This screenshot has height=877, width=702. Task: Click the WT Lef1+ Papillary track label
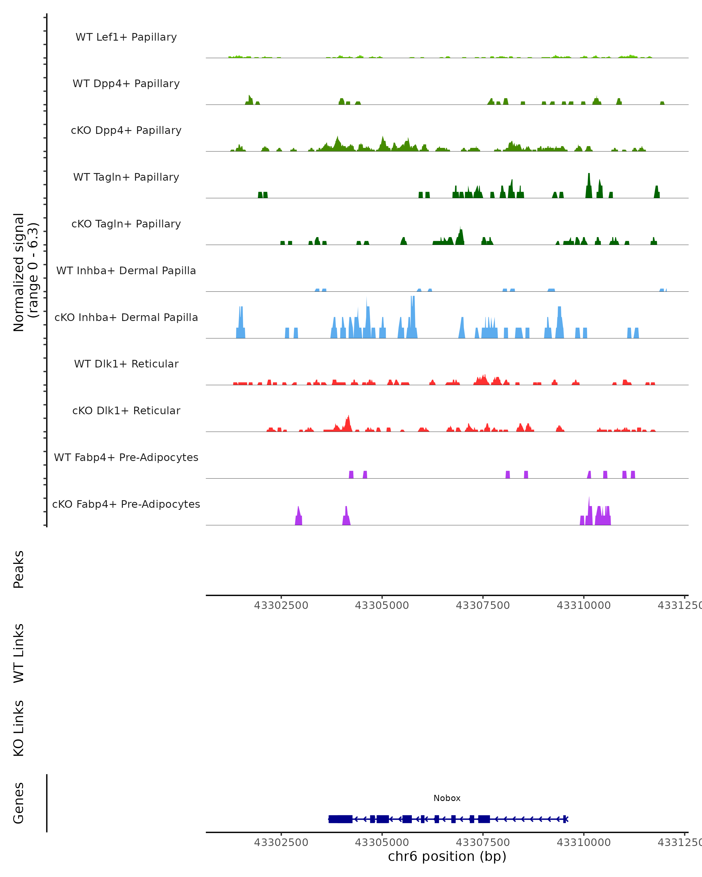pyautogui.click(x=126, y=37)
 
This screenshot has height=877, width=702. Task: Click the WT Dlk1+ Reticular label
pyautogui.click(x=126, y=364)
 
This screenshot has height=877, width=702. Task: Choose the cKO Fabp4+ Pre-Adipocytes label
pyautogui.click(x=126, y=504)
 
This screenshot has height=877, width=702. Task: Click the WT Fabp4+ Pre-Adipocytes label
pyautogui.click(x=126, y=457)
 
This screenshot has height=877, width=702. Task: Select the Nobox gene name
pyautogui.click(x=447, y=798)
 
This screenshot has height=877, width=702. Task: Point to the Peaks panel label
pyautogui.click(x=19, y=569)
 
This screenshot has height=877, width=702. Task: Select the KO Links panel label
pyautogui.click(x=19, y=728)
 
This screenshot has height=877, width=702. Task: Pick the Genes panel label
pyautogui.click(x=19, y=803)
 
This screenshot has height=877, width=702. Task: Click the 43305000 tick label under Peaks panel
pyautogui.click(x=382, y=605)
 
